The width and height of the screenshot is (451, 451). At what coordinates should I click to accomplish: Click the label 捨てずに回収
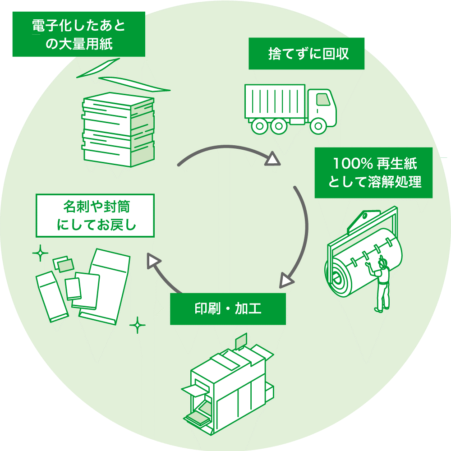point(306,54)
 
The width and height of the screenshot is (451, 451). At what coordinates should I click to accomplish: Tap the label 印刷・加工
point(228,309)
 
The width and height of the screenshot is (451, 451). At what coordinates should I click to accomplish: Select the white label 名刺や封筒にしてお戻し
point(95,216)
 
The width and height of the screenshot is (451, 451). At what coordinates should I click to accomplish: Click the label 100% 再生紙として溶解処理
point(373,173)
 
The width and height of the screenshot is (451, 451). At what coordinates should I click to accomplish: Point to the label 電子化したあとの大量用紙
point(78,34)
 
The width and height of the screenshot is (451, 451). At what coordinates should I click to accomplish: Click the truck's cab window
point(323,99)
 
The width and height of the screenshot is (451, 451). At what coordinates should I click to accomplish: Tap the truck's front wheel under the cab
point(319,126)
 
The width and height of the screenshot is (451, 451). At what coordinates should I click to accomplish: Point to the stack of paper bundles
point(118,130)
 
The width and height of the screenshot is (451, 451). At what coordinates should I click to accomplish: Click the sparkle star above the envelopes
point(40,253)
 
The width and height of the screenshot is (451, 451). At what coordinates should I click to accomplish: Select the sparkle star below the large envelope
point(138,325)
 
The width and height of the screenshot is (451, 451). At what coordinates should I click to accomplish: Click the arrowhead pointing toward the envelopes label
point(154,261)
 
